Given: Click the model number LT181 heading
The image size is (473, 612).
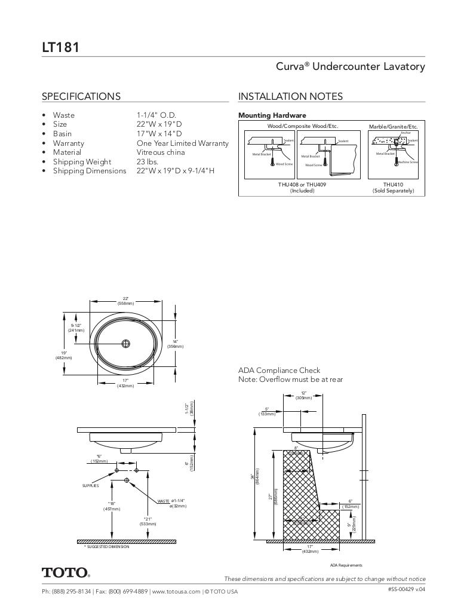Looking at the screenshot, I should (x=60, y=47).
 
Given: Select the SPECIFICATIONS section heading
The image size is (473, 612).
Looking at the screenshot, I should (x=81, y=96).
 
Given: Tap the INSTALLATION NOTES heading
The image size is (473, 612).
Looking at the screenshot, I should (x=290, y=96).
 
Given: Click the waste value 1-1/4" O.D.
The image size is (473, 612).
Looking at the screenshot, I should (x=156, y=115).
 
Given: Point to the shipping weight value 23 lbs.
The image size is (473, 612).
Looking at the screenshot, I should (x=147, y=161).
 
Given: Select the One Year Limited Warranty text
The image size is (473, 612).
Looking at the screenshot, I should (x=182, y=143).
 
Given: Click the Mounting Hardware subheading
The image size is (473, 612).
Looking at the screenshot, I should (x=272, y=115).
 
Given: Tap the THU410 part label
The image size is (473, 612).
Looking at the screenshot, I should (x=393, y=185).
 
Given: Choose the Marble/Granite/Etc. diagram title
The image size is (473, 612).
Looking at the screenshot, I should (x=393, y=127).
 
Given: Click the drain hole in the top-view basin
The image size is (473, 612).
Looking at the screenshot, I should (x=125, y=344).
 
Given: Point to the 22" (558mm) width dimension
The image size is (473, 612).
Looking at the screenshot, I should (x=125, y=301).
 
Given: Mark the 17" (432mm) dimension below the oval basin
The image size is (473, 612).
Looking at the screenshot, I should (x=125, y=383).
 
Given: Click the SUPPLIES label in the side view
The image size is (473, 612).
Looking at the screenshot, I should (x=90, y=486).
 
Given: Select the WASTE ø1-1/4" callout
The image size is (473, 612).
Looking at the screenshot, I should (x=171, y=501).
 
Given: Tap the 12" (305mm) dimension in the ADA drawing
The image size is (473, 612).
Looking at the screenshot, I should (x=303, y=395).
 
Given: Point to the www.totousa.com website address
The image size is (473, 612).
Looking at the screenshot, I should (x=176, y=592).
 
